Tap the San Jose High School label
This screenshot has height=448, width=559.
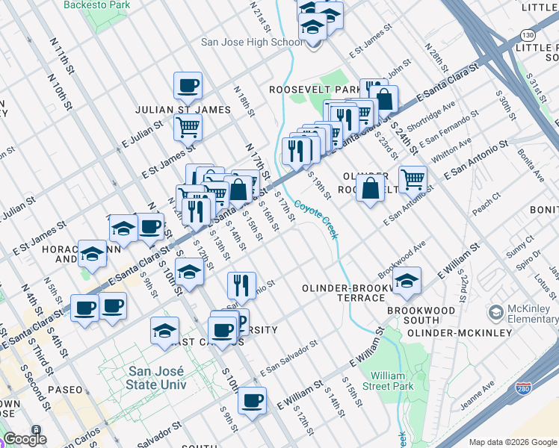[x=252, y=42]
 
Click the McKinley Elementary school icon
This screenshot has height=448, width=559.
[x=495, y=311]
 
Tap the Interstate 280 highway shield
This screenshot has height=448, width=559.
[x=526, y=390]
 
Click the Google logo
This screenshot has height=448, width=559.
[x=25, y=439]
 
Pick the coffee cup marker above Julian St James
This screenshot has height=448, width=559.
[x=188, y=85]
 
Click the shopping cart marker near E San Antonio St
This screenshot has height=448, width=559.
[x=412, y=178]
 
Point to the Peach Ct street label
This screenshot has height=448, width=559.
[x=485, y=202]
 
